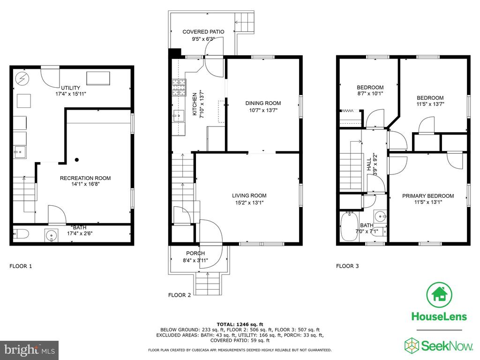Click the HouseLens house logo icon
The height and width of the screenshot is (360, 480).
pos(439,295)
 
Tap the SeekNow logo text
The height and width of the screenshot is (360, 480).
pos(447,346)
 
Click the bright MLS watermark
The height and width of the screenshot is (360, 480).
pos(30,350)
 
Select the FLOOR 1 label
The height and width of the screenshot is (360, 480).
pos(21,266)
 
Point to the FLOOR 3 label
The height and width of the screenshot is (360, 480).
pos(347,266)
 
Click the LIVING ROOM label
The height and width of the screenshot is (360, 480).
pos(249,195)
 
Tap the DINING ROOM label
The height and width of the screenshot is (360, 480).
pos(263,103)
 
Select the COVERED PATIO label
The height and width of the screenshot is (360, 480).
pos(203,32)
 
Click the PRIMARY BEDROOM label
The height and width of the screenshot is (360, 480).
pos(428,196)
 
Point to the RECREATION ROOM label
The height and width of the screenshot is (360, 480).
pos(85,178)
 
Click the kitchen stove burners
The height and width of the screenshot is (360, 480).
pos(179,88)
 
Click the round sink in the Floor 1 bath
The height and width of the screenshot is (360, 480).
pos(52,235)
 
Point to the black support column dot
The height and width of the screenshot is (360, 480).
pos(77,160)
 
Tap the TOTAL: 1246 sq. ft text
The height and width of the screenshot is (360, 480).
pos(240,324)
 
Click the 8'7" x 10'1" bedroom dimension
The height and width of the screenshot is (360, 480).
pos(370,94)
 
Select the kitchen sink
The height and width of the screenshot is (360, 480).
pos(178,116)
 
